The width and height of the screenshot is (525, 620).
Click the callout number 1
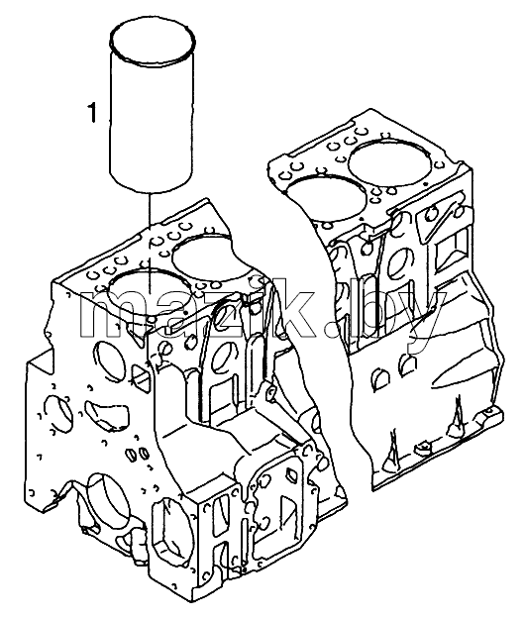tap(92, 112)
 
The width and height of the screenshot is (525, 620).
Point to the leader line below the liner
tap(151, 243)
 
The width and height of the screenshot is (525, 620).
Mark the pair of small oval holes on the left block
tap(138, 453)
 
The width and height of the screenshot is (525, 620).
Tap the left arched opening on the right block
tap(381, 378)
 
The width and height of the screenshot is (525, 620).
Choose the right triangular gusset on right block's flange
tap(456, 416)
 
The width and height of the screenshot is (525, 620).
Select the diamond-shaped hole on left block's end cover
tap(291, 473)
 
